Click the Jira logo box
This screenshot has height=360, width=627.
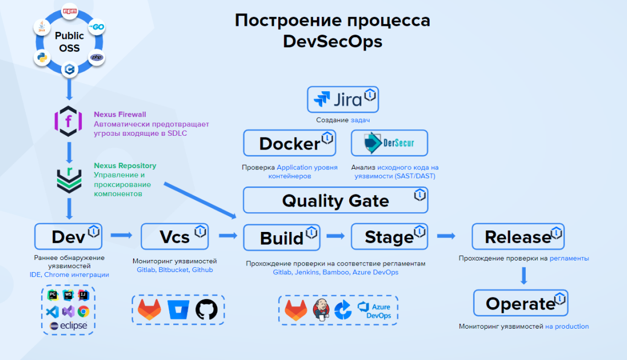point(343,99)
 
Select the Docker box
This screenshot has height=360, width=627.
point(289,143)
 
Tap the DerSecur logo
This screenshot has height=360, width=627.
point(389,143)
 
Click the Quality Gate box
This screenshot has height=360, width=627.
point(335,201)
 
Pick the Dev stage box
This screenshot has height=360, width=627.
point(69,236)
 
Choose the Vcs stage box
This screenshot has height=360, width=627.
point(175,236)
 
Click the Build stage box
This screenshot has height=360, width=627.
point(282,237)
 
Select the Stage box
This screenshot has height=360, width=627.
point(389,237)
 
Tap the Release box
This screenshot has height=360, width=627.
point(518,237)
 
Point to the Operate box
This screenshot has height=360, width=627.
point(520,303)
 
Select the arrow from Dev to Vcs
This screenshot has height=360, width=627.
point(122,235)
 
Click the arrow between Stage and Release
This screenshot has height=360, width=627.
point(446,236)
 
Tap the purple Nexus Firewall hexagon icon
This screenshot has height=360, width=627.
point(68,121)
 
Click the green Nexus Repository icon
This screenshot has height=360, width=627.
point(69,180)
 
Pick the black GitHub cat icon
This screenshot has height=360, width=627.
point(206,309)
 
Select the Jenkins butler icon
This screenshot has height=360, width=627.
point(321,310)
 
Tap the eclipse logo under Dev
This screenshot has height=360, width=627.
point(69,325)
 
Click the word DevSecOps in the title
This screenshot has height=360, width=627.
point(332,41)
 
